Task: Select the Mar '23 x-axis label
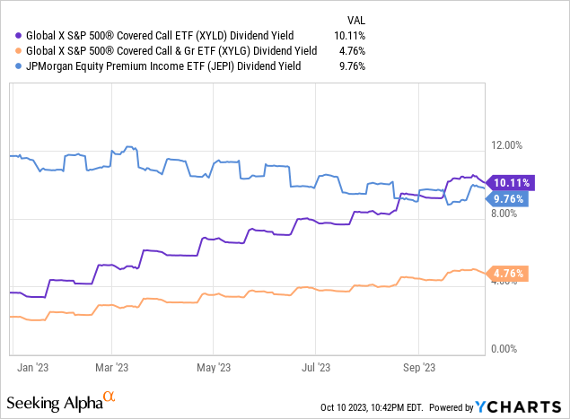point(110,367)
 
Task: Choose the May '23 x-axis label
point(212,367)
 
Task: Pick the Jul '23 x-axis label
point(315,367)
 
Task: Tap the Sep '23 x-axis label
point(418,367)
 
